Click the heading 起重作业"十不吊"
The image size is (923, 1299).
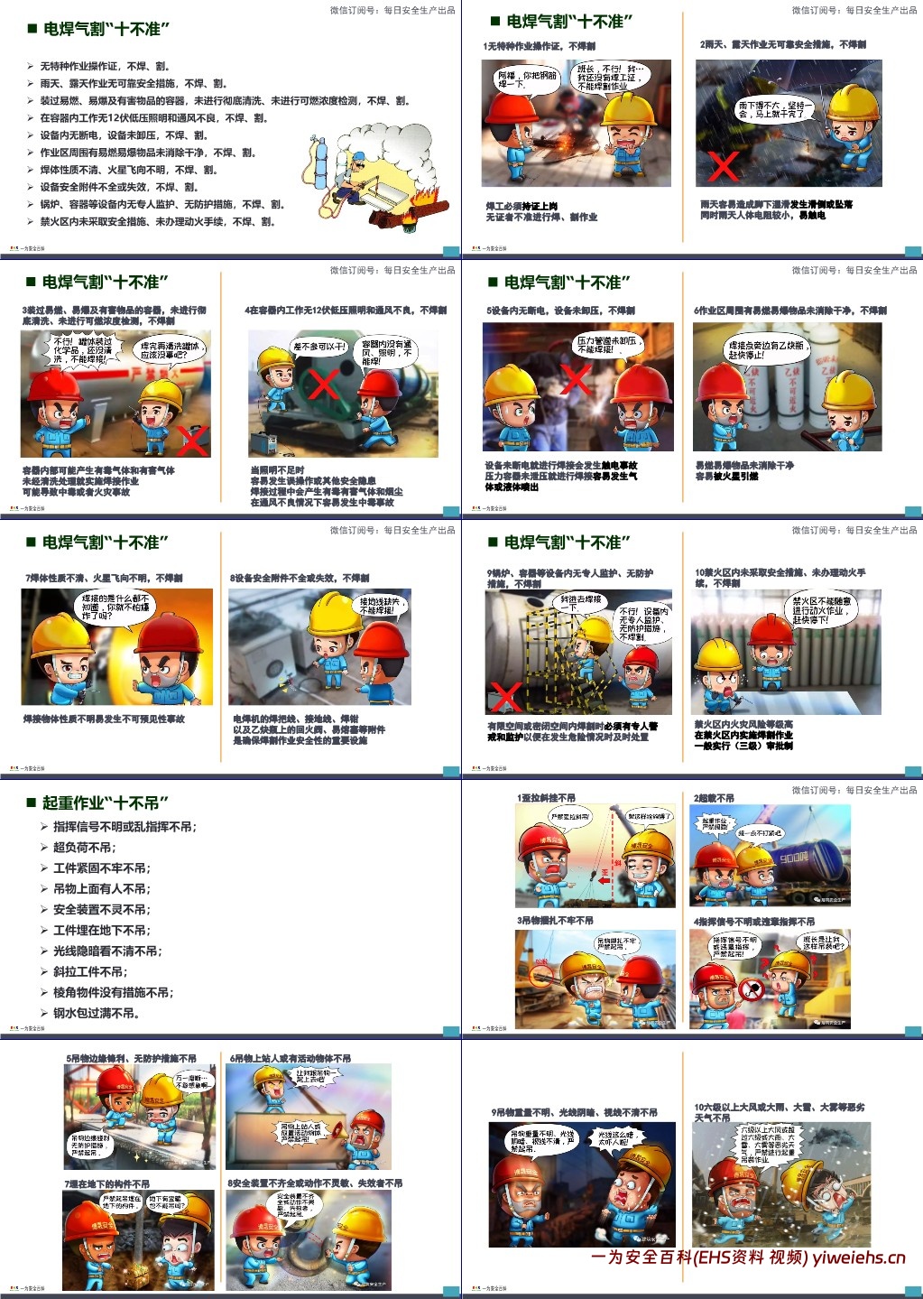106,803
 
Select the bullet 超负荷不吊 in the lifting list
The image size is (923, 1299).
84,847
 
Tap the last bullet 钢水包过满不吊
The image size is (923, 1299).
96,1013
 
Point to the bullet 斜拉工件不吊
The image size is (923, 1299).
90,971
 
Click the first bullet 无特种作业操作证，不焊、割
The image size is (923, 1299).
105,66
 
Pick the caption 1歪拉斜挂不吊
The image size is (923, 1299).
546,798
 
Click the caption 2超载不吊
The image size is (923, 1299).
714,798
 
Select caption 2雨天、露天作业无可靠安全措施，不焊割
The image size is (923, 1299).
782,44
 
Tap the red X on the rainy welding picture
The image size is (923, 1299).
723,166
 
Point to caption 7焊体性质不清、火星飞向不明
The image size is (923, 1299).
104,578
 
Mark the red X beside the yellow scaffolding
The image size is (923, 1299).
504,696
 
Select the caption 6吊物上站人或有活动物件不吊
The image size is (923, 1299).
290,1058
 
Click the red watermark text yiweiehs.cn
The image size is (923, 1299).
858,1257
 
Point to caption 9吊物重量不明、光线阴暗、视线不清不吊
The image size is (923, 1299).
574,1112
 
